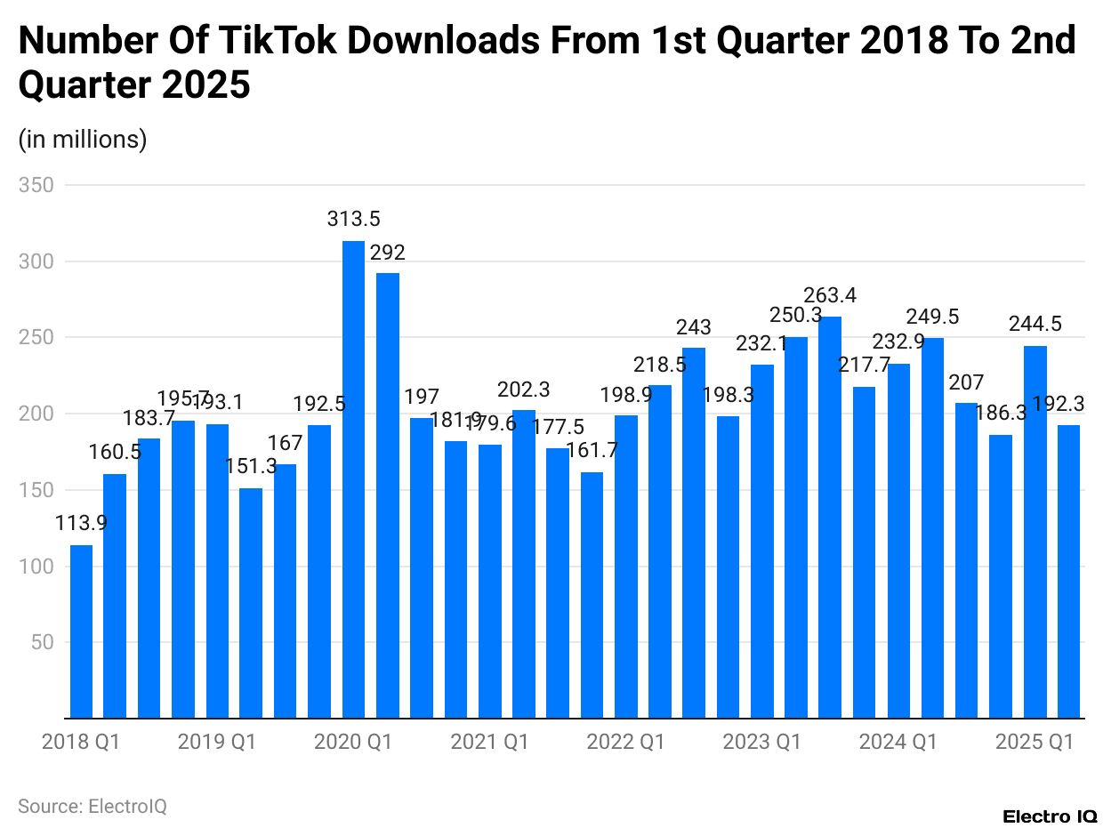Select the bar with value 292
pos(387,494)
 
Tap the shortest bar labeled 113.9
pos(81,631)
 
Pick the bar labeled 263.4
pos(830,517)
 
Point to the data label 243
pos(694,328)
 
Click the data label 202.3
pos(524,390)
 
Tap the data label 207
pos(966,383)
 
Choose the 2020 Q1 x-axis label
pos(353,742)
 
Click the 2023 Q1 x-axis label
pos(761,742)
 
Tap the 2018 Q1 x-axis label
pos(81,742)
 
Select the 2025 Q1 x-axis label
pos(1035,742)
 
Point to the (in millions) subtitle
pos(83,140)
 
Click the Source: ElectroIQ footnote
pos(93,807)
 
